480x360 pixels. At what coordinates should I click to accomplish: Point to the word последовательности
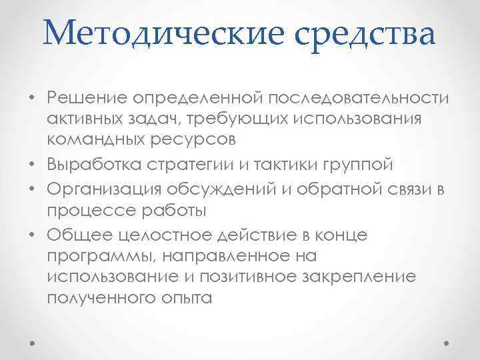pos(359,99)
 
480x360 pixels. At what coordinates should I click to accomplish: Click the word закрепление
pos(361,277)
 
